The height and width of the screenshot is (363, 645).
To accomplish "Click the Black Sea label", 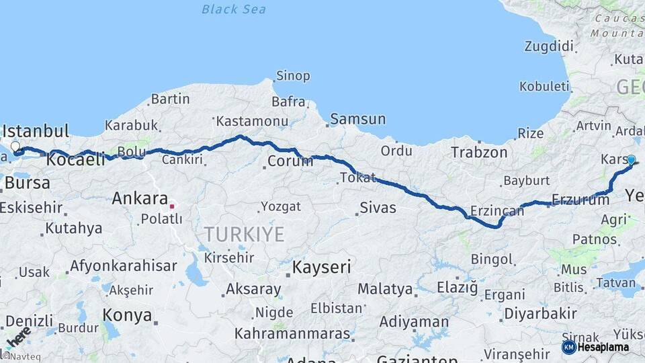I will click(234, 9).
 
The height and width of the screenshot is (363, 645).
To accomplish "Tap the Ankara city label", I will click(140, 198).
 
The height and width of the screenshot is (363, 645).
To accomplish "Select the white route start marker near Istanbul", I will click(15, 146).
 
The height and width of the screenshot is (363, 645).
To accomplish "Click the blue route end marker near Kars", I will click(631, 160).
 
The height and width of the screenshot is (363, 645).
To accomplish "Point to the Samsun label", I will click(358, 119).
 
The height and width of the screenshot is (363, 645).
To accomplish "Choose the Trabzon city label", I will click(479, 152).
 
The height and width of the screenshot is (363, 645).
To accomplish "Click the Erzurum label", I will click(580, 199).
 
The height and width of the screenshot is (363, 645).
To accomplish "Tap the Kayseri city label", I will click(321, 267).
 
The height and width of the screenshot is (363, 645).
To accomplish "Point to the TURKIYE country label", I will click(244, 234).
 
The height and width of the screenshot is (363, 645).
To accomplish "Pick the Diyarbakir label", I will click(540, 313).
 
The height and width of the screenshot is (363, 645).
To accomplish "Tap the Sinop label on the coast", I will click(294, 76).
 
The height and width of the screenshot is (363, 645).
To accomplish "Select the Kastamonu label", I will click(252, 121).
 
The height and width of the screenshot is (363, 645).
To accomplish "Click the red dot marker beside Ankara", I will click(172, 206).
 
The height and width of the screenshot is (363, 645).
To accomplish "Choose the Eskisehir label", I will click(30, 207).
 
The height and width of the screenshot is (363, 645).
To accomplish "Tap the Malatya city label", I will click(385, 289).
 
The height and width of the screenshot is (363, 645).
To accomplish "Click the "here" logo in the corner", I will click(18, 335).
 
